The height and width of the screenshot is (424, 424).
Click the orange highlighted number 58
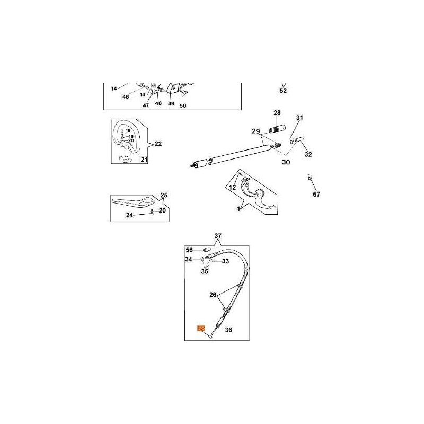point(201,328)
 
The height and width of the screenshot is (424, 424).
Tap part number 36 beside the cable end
point(229,329)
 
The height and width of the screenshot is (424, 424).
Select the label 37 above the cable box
point(218,236)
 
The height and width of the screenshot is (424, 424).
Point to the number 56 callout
point(189,249)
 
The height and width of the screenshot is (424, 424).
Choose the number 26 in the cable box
point(213,295)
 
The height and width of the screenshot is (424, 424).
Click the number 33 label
point(225,261)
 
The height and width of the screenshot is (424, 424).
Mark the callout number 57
point(316,195)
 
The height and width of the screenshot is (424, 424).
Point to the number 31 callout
point(299,118)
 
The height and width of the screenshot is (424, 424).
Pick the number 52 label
point(283,91)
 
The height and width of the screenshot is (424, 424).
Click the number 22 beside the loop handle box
point(157,144)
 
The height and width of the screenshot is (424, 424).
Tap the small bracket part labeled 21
point(126,160)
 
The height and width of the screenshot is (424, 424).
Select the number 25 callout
point(164,196)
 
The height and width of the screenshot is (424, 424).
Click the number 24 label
point(129,215)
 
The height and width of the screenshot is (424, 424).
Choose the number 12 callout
point(232,187)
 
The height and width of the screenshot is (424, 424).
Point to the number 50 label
point(183,105)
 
